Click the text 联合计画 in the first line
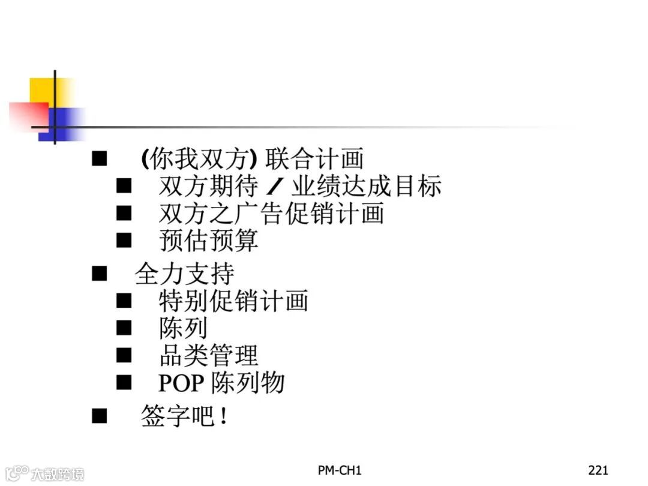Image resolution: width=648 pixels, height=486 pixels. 314,159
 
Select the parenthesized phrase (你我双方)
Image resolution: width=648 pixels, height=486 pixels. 199,159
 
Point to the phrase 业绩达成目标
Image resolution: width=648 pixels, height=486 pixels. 366,187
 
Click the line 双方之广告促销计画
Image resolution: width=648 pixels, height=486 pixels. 271,214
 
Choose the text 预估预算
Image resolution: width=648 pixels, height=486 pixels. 209,241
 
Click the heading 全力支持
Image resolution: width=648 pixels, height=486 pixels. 184,274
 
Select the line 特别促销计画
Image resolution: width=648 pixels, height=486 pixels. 233,301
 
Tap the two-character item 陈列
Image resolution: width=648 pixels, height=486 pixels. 184,328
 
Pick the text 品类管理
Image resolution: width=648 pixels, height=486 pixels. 209,355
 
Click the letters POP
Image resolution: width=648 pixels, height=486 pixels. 181,383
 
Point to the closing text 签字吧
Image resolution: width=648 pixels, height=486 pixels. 178,416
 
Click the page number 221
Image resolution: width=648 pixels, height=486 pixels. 598,470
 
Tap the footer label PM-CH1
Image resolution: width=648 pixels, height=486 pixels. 340,470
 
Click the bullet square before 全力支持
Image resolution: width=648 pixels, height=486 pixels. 99,274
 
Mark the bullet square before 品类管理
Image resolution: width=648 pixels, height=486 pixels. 124,355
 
